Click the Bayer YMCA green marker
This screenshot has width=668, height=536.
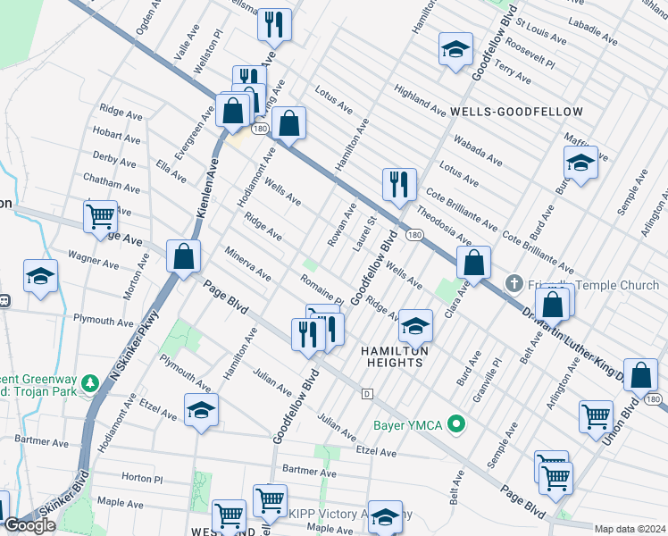(457, 424)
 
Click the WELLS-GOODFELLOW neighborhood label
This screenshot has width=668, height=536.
(517, 112)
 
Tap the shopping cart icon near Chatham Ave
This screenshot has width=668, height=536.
(101, 216)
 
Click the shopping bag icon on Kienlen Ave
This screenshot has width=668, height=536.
(183, 258)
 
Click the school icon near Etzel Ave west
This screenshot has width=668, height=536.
(201, 410)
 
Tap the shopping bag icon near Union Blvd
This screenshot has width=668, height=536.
(640, 376)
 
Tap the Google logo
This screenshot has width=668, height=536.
(29, 525)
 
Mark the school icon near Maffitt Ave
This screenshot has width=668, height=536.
(580, 163)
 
